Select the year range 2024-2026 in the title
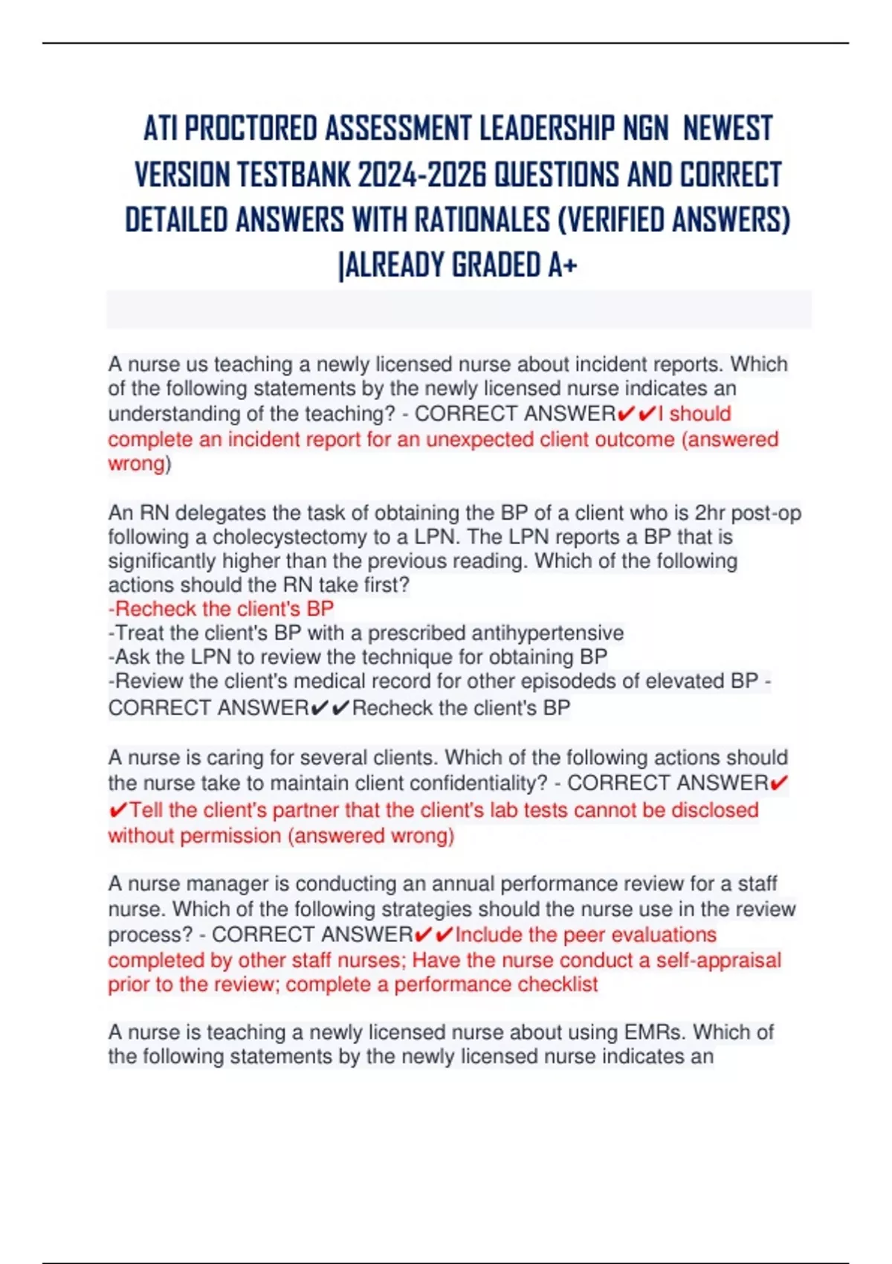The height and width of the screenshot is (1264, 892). click(x=421, y=175)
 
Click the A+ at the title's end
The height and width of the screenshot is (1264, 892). click(x=563, y=265)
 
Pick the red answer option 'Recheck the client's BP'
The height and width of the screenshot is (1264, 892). click(x=221, y=609)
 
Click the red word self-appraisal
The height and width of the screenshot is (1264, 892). click(x=718, y=960)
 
